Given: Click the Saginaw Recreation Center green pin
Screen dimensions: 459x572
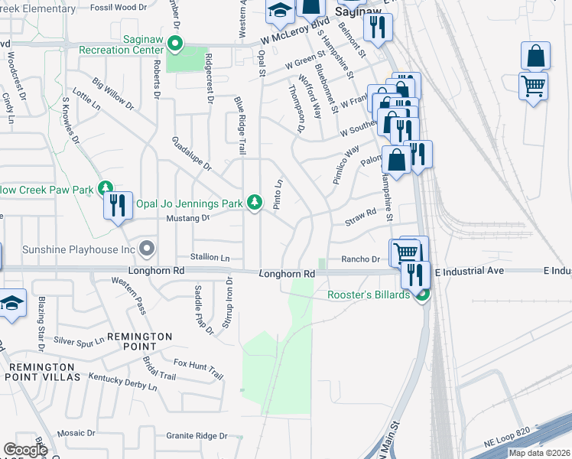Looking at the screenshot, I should [176, 44].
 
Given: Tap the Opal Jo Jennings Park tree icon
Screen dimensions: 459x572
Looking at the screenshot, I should [255, 203].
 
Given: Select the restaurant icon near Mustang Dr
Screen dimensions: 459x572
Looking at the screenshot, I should [118, 205].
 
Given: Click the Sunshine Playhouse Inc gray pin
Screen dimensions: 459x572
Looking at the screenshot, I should [148, 249].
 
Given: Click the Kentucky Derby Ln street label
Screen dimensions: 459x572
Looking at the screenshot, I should [122, 382].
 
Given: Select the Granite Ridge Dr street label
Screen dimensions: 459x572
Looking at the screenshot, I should [197, 436].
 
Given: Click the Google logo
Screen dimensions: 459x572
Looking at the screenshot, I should [24, 450].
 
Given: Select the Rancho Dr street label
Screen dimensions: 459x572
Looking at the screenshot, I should [360, 259].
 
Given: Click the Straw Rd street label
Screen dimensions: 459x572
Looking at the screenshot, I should [362, 216].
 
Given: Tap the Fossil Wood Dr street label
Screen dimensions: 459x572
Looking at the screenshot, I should [118, 7].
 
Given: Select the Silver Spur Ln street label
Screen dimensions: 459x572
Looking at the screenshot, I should [79, 341].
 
